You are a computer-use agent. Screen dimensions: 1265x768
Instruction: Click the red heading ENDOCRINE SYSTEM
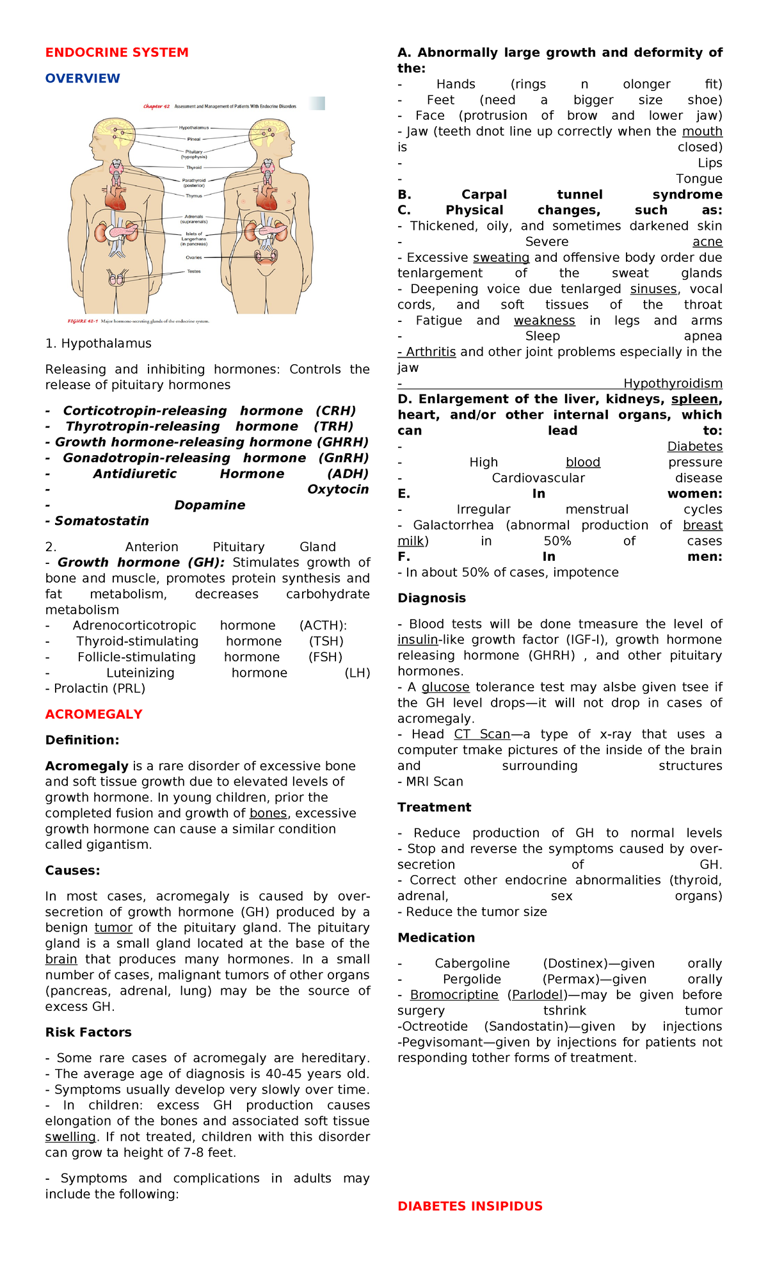click(x=116, y=52)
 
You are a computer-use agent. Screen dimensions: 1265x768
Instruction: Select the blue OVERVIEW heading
click(x=83, y=78)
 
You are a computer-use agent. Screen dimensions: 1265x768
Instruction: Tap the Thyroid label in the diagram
click(x=193, y=168)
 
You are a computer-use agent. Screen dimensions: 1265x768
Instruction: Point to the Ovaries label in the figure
click(x=193, y=257)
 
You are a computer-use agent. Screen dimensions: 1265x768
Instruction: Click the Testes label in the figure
click(x=193, y=271)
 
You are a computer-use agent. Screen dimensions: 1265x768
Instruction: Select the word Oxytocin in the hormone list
click(x=337, y=490)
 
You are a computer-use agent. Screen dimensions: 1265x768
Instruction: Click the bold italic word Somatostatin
click(x=101, y=521)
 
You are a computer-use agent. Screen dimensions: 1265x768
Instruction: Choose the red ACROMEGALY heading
click(x=93, y=714)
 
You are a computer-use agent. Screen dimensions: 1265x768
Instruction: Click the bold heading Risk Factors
click(x=88, y=1032)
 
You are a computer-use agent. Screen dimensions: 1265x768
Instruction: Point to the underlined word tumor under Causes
click(x=113, y=928)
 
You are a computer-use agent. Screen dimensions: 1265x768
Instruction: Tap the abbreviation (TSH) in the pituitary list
click(x=326, y=641)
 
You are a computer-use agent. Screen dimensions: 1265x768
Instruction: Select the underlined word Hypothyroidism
click(x=673, y=383)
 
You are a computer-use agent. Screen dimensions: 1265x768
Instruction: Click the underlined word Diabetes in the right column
click(x=694, y=447)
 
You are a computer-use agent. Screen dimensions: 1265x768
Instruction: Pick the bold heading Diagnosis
click(x=431, y=598)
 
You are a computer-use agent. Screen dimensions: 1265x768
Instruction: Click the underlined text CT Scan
click(x=482, y=734)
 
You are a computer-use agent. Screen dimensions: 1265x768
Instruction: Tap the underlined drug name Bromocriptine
click(x=454, y=995)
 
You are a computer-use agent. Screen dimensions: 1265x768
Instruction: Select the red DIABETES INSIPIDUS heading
click(x=470, y=1206)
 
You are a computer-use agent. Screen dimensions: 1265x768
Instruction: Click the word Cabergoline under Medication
click(x=472, y=963)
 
